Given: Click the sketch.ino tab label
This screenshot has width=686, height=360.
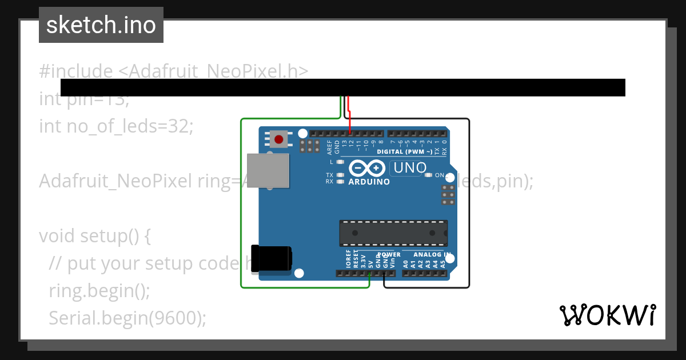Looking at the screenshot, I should click(101, 25).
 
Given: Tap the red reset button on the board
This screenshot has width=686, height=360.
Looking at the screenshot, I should click(280, 139).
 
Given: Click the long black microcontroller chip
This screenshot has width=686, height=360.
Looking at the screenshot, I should click(393, 233).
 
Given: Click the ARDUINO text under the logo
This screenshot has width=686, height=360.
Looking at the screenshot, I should click(369, 182).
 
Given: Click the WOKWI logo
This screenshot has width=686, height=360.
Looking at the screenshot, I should click(607, 315).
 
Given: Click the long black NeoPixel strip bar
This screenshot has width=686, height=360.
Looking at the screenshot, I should click(342, 87).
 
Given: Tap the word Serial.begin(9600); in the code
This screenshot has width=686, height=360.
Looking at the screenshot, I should click(127, 318).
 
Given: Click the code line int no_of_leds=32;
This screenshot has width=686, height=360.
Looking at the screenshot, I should click(116, 126).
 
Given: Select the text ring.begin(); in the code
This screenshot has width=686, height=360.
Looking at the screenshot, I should click(99, 291).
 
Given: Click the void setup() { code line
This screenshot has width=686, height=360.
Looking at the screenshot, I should click(94, 235).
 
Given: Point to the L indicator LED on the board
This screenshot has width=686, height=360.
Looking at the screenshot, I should click(340, 162).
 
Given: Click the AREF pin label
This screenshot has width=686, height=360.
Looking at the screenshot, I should click(330, 147).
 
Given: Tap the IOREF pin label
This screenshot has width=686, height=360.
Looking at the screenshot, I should click(348, 259).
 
